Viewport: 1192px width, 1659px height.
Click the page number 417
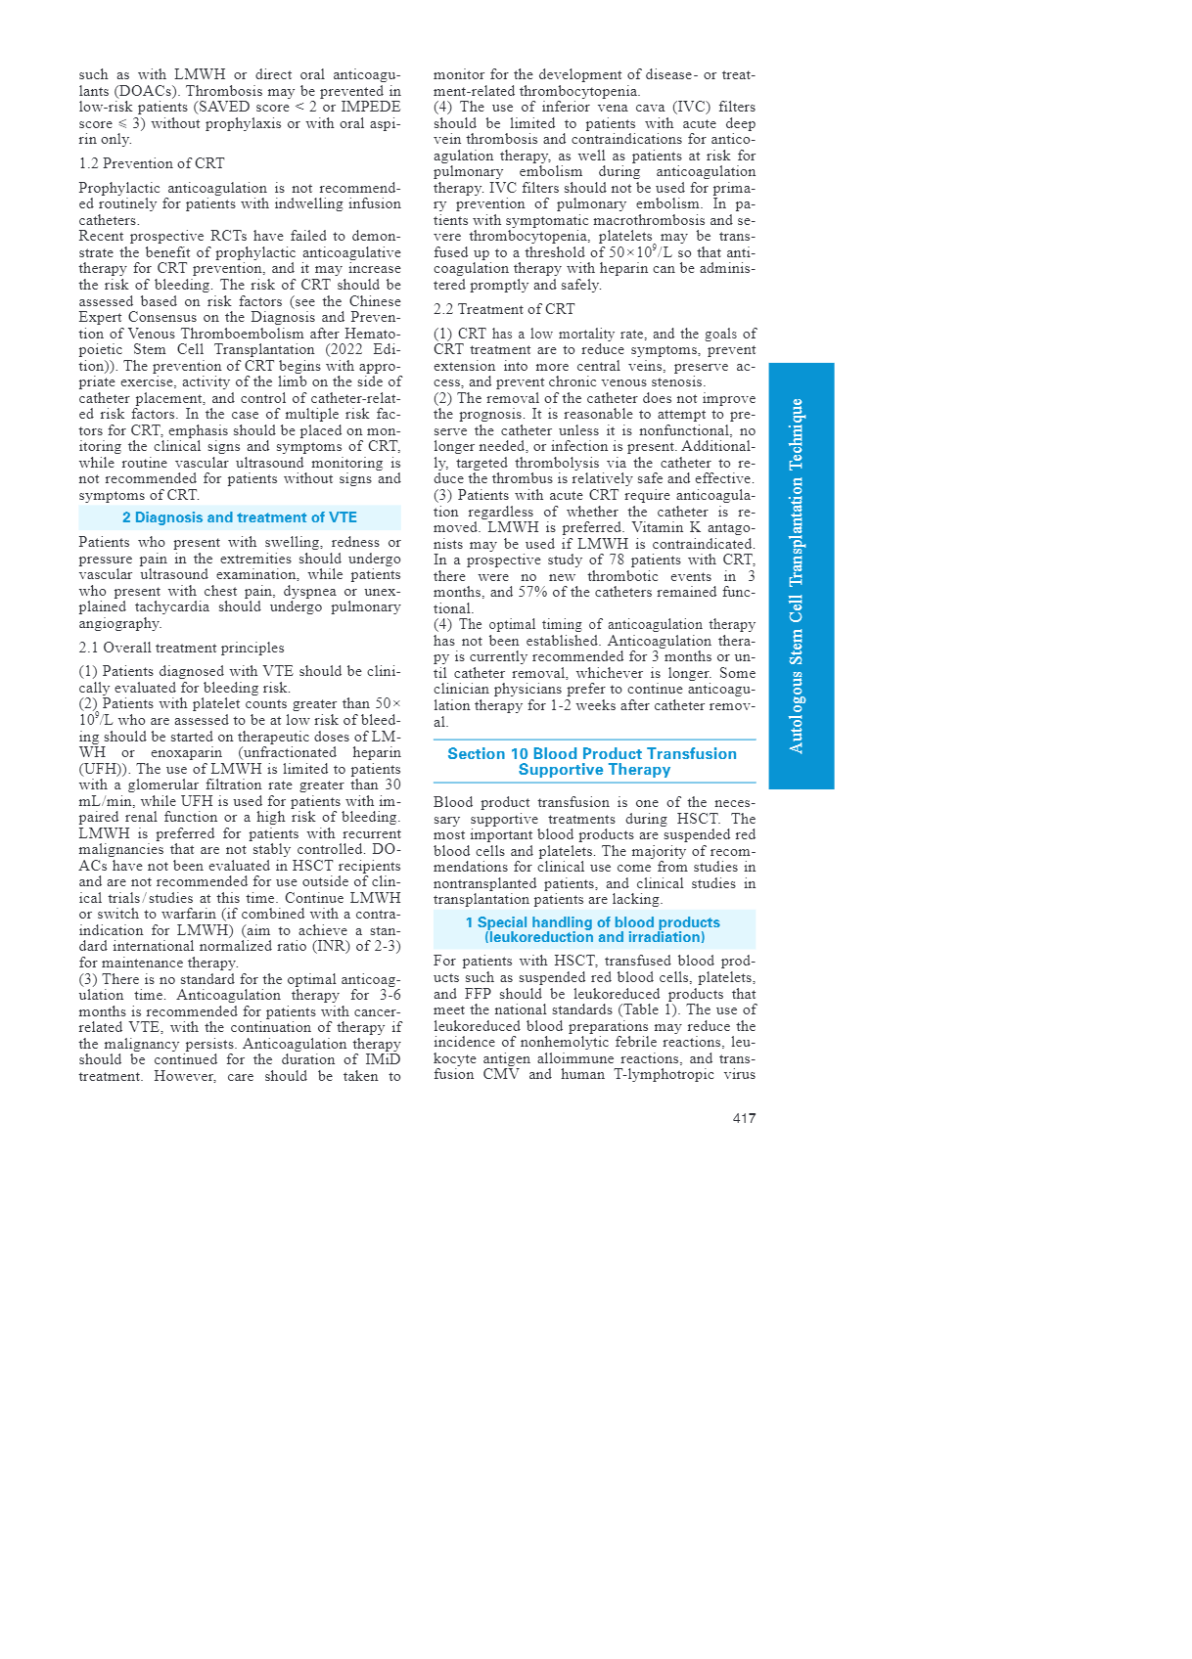744,1118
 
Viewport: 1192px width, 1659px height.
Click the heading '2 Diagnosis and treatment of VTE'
239,517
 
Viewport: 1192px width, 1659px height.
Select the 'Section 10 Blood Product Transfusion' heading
592,754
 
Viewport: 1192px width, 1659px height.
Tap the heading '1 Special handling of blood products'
593,922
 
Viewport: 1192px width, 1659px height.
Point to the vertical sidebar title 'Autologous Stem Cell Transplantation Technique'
798,575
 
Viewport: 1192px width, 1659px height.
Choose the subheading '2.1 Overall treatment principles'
181,648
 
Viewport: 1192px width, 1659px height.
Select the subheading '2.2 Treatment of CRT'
504,309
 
